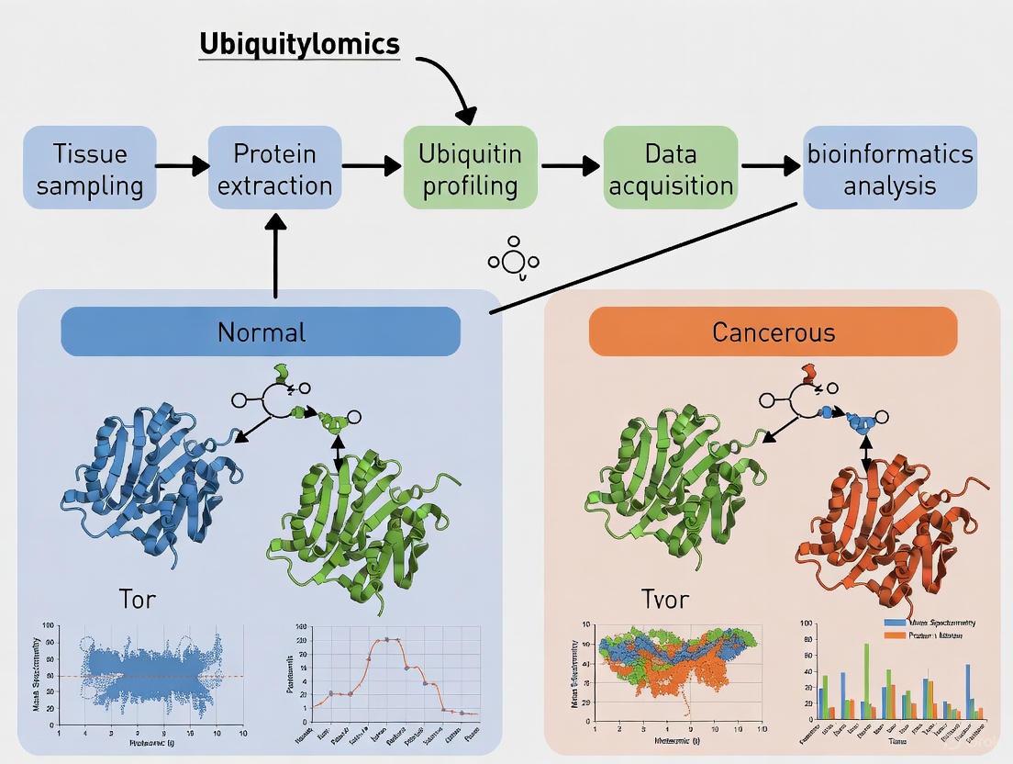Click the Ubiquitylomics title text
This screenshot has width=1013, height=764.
pos(299,43)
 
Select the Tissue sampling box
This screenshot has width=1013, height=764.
pos(90,169)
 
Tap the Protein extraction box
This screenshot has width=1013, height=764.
pos(274,169)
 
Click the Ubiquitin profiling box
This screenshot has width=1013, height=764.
pos(470,169)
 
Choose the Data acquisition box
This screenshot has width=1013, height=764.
pos(670,169)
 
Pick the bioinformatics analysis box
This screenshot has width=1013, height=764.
pos(889,169)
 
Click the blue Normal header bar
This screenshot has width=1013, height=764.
pos(261,331)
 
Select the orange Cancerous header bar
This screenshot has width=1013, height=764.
pos(773,331)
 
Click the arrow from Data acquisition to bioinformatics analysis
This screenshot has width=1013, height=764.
pos(769,166)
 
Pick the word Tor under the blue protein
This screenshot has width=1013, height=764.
pos(137,600)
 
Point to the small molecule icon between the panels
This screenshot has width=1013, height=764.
pos(513,260)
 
